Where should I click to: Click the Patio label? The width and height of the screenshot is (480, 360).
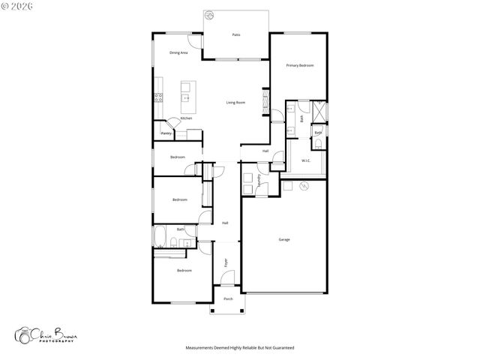pyautogui.click(x=236, y=35)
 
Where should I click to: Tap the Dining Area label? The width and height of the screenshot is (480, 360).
pyautogui.click(x=178, y=52)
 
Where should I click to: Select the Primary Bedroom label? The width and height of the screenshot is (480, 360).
pyautogui.click(x=300, y=66)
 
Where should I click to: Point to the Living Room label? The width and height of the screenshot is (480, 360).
pyautogui.click(x=236, y=102)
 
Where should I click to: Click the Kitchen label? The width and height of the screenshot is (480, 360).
pyautogui.click(x=186, y=118)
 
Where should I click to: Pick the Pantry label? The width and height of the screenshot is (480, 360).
pyautogui.click(x=166, y=133)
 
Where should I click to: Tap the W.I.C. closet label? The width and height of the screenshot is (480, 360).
pyautogui.click(x=307, y=160)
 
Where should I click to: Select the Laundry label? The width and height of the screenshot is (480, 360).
pyautogui.click(x=259, y=180)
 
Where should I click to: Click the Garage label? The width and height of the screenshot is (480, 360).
pyautogui.click(x=284, y=239)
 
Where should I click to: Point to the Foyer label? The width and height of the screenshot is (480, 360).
pyautogui.click(x=225, y=262)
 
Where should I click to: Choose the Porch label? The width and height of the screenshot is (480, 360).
pyautogui.click(x=228, y=298)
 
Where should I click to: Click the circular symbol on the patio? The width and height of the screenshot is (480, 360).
pyautogui.click(x=210, y=15)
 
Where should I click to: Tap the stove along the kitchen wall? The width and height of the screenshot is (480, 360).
pyautogui.click(x=158, y=96)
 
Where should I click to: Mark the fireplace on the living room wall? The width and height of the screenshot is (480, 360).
pyautogui.click(x=265, y=102)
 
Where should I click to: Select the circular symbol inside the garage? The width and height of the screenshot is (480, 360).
pyautogui.click(x=304, y=186)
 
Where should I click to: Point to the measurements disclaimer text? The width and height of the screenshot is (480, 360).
pyautogui.click(x=239, y=348)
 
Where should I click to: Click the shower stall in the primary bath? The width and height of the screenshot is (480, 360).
pyautogui.click(x=321, y=111)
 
